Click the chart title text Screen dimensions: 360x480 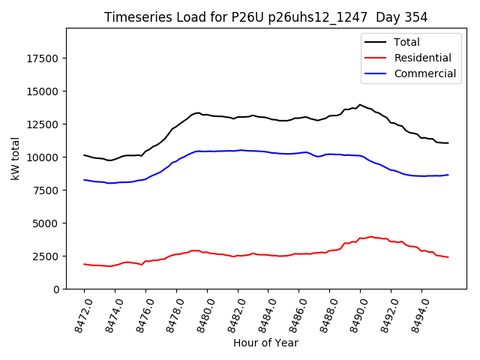coord(265,17)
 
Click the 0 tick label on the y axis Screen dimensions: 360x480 coord(57,289)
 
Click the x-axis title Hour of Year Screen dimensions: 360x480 coord(265,343)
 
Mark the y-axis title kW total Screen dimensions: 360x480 coord(15,158)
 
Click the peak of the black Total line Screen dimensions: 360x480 coord(360,105)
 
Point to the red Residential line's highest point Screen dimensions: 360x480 coord(370,236)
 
